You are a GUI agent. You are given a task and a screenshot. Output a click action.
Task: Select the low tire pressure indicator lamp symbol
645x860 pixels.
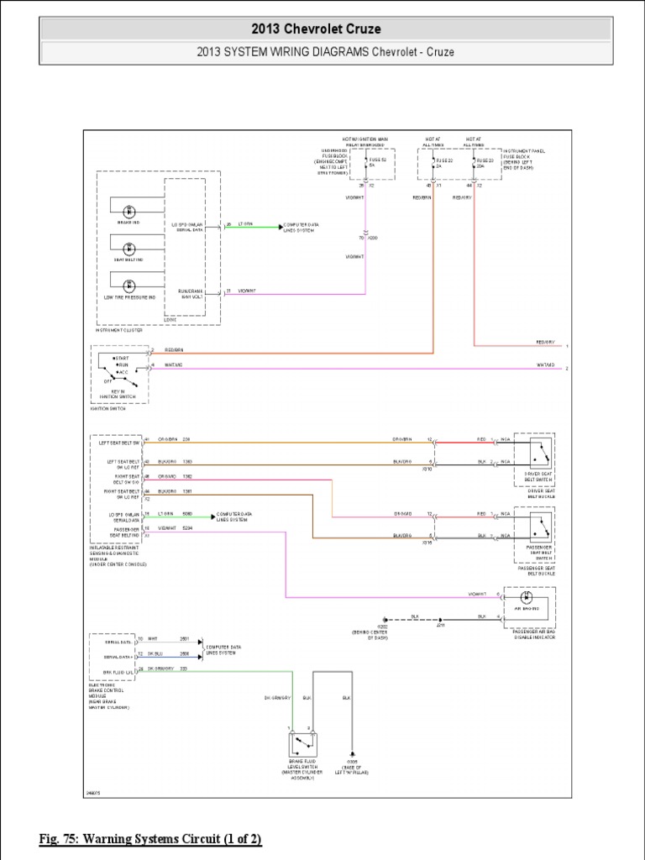(128, 286)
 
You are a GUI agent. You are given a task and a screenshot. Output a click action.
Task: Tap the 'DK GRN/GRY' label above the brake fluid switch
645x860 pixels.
(277, 697)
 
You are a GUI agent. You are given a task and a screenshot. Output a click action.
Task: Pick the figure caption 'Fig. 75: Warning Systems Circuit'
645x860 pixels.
(151, 839)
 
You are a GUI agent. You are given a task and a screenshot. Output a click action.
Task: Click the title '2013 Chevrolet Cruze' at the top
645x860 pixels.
(322, 29)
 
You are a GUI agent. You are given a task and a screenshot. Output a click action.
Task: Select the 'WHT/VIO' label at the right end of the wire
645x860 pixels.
(547, 366)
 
